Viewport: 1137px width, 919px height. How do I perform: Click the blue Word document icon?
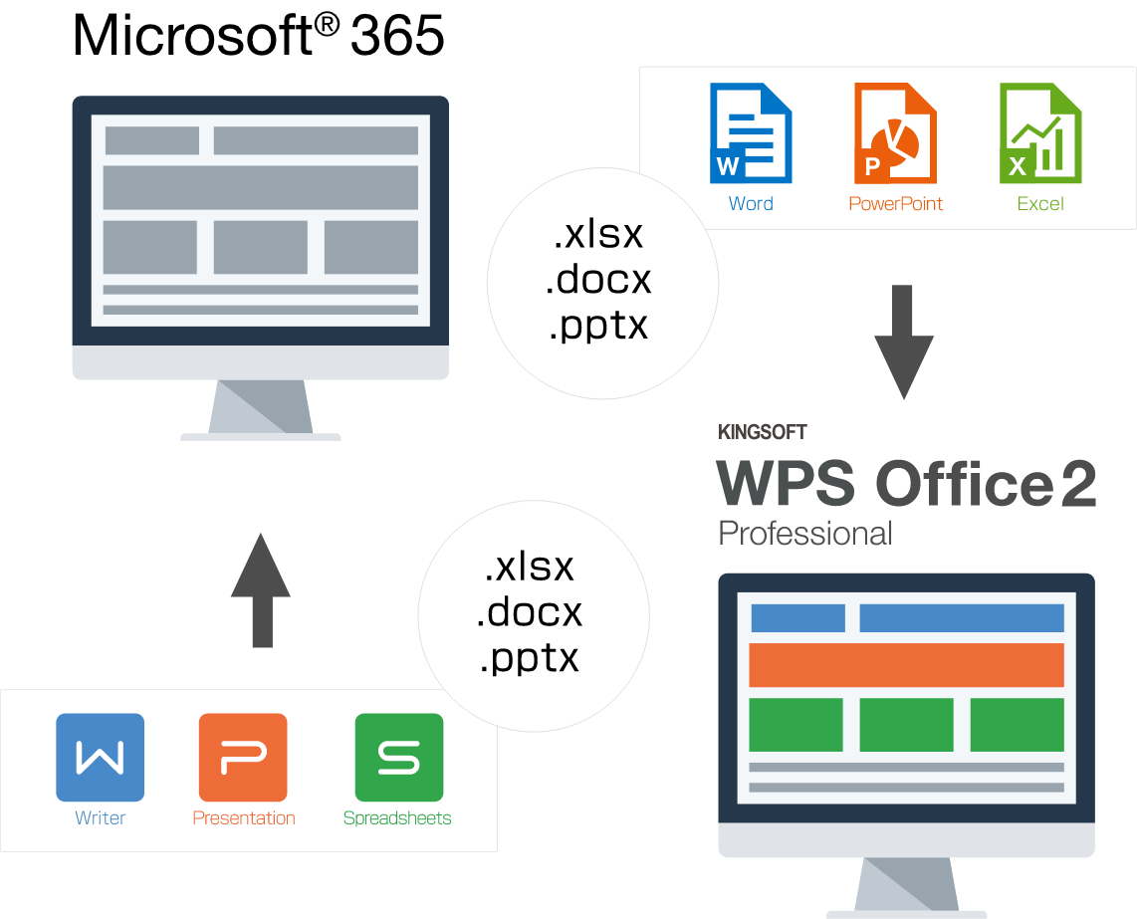point(750,132)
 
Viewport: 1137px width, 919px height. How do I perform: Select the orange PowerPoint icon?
point(894,132)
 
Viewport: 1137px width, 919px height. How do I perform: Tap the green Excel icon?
point(1039,132)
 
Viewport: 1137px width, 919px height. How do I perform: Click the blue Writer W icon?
point(100,757)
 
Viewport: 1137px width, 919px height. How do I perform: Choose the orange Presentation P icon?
point(243,757)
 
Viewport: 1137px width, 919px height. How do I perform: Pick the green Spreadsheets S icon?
point(398,757)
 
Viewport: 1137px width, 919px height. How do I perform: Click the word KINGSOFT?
point(762,432)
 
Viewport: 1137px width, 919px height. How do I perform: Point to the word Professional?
point(804,533)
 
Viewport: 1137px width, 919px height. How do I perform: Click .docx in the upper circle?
point(598,280)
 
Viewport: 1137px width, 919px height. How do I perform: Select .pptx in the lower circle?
point(529,658)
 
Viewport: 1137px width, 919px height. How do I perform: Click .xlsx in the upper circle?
point(598,235)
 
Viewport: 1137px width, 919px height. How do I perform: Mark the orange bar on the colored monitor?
point(906,664)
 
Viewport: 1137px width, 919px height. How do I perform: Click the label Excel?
point(1040,204)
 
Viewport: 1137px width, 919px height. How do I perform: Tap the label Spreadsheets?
point(397,818)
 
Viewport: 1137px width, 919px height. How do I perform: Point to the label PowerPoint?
point(895,204)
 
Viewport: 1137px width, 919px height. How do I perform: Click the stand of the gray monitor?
point(261,408)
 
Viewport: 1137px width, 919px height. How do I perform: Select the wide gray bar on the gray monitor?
point(261,187)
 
